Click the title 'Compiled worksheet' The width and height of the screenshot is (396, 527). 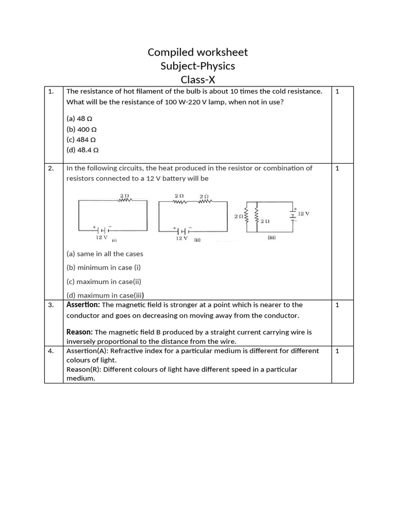pos(197,52)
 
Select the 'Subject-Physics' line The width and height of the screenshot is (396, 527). pos(197,66)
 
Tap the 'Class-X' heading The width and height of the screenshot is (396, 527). pos(197,79)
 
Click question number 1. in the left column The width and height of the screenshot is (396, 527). pos(51,92)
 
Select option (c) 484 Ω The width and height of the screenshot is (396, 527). pos(81,139)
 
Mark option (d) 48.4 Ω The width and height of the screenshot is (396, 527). pos(82,150)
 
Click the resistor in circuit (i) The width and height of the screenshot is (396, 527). pos(124,201)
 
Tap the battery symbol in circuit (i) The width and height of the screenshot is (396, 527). pos(102,230)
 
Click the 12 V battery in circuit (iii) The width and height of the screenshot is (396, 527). pos(292,213)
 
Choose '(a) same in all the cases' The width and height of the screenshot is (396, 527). pos(105,254)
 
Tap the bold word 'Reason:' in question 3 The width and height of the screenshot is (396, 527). pos(79,332)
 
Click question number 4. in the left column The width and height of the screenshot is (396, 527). pos(51,351)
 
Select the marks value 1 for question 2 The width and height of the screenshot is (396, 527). pos(337,168)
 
